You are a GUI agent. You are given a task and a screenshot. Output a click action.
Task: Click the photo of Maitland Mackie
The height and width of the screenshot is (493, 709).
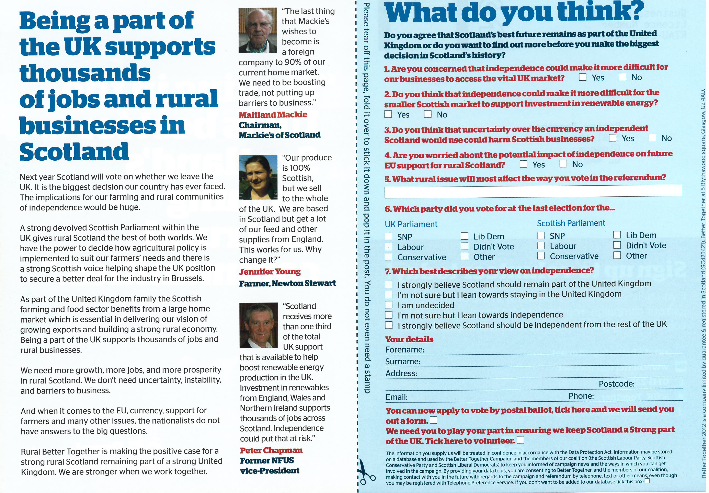tap(258, 30)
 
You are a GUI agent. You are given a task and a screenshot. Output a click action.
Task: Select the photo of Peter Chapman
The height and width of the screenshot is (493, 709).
tap(259, 325)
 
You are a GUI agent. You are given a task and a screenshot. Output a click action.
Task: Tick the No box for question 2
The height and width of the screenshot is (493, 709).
tap(428, 114)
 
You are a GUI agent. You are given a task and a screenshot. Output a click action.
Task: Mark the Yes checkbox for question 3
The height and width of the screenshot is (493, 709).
tap(613, 138)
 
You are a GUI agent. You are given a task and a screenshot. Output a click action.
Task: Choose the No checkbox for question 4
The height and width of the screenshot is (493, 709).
tap(563, 164)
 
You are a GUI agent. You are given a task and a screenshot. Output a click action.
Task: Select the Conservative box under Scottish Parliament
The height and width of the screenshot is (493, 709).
tap(541, 256)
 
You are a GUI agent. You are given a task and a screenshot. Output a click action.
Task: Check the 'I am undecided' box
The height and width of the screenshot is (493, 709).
tap(389, 305)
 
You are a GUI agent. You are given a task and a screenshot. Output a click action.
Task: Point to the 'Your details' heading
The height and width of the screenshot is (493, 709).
tap(409, 339)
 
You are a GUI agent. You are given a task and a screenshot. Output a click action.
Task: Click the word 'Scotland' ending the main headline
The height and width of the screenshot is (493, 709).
tap(74, 152)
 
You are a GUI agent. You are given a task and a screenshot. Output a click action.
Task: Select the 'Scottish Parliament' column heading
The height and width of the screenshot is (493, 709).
tap(571, 223)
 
